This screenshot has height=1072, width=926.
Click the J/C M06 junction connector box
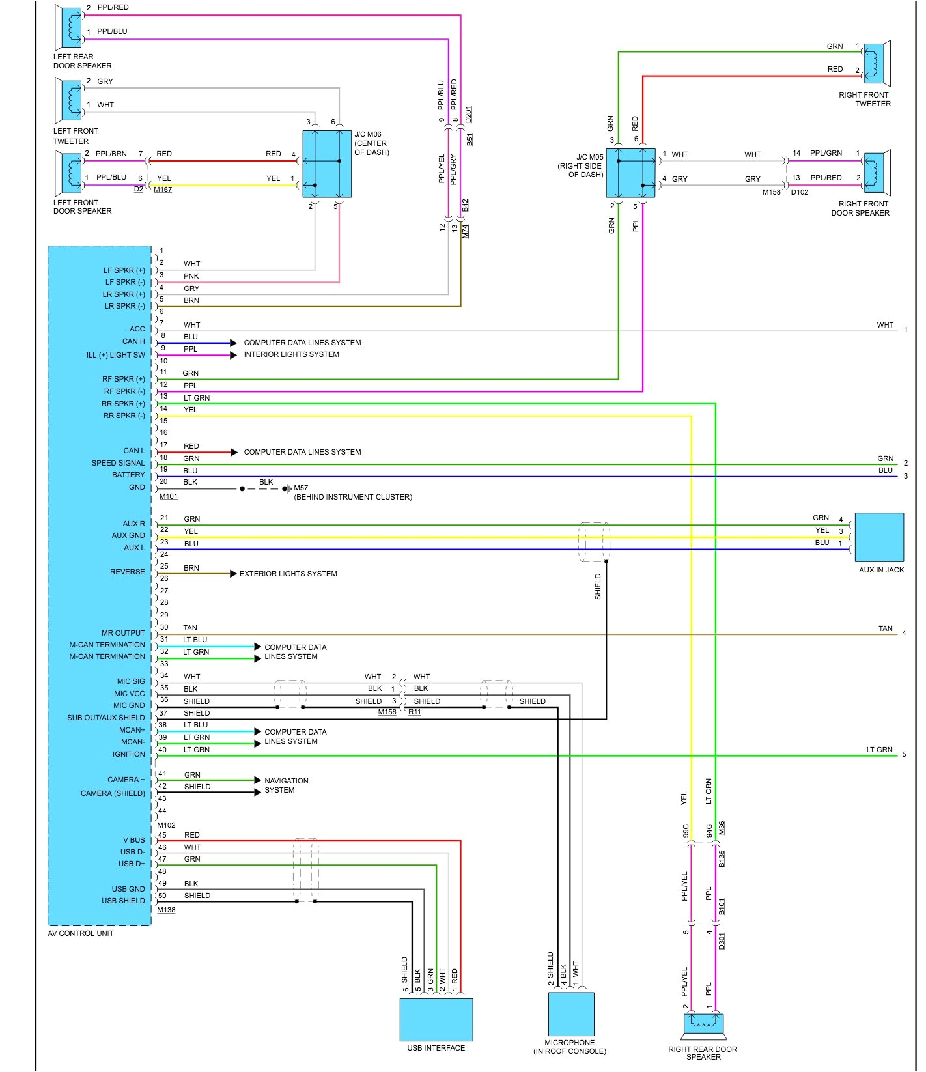[x=327, y=163]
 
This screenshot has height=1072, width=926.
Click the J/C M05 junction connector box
[x=630, y=173]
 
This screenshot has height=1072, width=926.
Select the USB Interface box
[x=436, y=1019]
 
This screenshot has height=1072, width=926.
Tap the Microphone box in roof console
[x=570, y=1013]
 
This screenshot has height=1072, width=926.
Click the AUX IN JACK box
[x=878, y=537]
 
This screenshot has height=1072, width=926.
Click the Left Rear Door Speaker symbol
[x=70, y=27]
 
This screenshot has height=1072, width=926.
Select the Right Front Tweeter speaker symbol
[x=877, y=63]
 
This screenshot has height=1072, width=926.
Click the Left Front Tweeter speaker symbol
[x=70, y=100]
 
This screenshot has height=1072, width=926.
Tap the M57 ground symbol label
[x=300, y=488]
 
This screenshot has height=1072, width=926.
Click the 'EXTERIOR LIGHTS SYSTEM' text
[x=288, y=574]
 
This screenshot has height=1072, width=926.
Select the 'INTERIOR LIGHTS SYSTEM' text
[x=291, y=354]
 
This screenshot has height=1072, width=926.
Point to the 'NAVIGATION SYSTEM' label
[x=286, y=785]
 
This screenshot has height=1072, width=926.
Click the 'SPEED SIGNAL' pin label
[x=118, y=463]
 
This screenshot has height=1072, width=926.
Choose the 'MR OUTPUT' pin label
[x=123, y=633]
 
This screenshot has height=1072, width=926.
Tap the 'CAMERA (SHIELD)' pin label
[x=113, y=793]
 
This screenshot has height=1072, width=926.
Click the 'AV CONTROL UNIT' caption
[x=80, y=933]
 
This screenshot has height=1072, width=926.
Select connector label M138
[x=166, y=910]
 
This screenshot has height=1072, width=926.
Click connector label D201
[x=469, y=114]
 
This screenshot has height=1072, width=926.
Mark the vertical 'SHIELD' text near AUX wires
[x=598, y=586]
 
